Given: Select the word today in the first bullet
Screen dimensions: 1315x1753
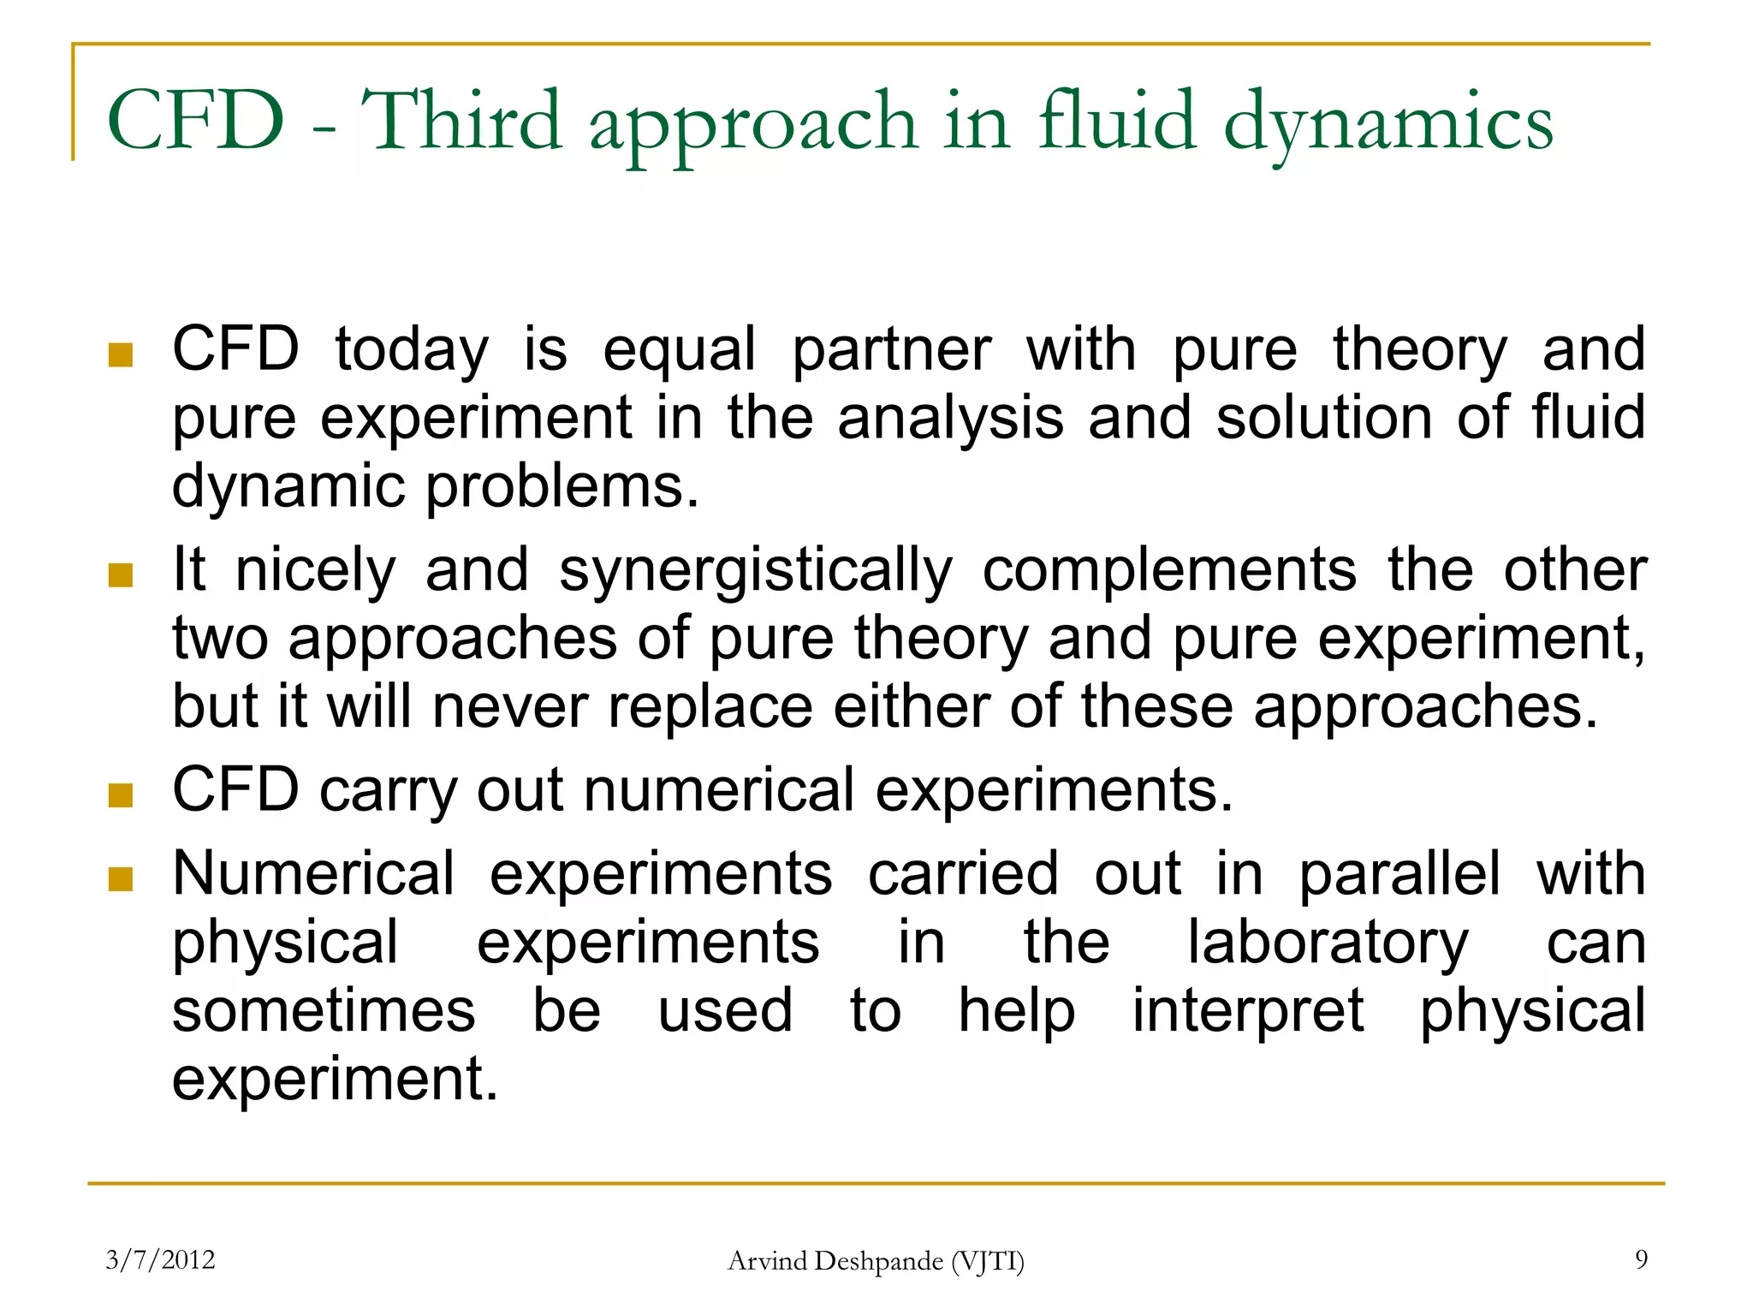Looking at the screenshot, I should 411,350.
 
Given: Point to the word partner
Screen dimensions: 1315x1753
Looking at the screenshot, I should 891,350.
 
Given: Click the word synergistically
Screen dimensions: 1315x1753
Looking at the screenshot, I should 755,571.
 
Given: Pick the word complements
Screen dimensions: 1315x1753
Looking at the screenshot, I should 1169,571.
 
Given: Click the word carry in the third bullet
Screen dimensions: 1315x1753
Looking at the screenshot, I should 388,790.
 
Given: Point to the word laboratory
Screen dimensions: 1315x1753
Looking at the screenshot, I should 1328,943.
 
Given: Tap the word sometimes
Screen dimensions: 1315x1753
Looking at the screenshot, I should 324,1010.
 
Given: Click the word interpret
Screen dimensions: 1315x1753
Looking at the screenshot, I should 1248,1011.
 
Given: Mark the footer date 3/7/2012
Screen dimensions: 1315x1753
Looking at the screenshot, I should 160,1260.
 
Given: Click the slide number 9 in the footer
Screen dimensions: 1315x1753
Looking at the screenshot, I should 1641,1259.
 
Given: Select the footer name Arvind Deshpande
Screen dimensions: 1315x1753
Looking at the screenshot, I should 835,1261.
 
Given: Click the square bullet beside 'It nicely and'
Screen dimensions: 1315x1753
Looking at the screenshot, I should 121,575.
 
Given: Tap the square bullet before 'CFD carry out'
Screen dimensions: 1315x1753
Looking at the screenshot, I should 121,795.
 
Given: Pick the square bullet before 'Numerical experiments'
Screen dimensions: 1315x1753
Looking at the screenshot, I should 121,879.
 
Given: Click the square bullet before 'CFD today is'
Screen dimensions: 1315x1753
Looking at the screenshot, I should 121,354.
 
